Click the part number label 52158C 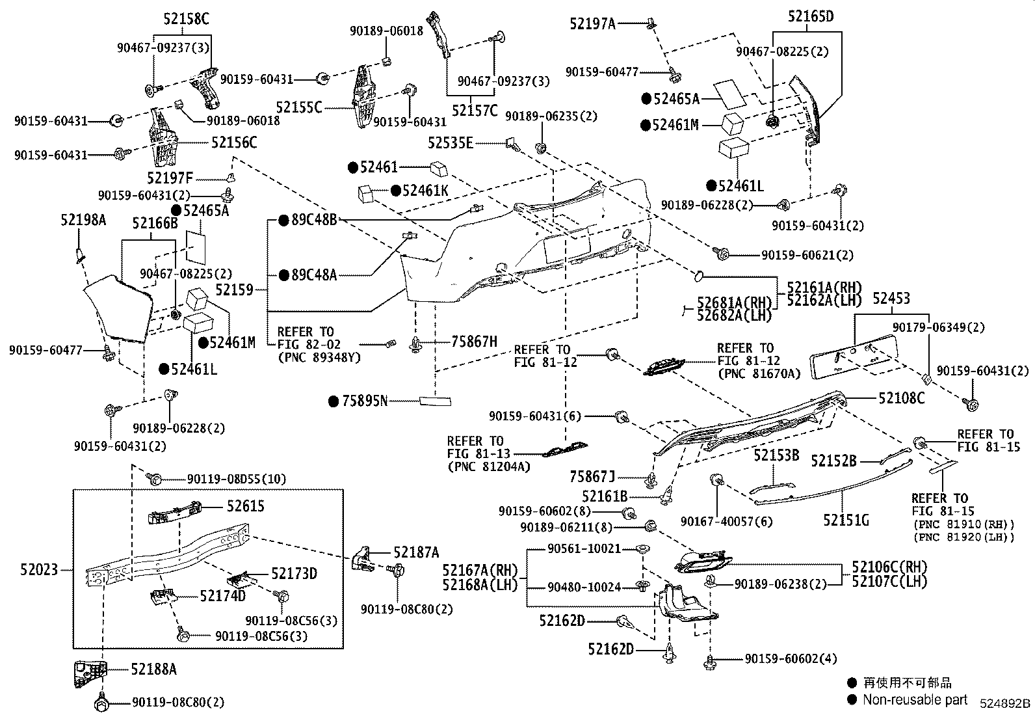pos(186,20)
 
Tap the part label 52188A pos(153,669)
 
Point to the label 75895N pos(364,401)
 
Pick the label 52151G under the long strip pos(846,520)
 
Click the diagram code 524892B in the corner pos(1006,703)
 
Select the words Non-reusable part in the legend pos(915,700)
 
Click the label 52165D pos(810,16)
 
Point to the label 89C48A pos(314,275)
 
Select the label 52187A pos(416,553)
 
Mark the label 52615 pos(245,506)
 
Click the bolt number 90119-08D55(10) pos(236,479)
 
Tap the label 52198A pos(83,220)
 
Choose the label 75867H pos(474,342)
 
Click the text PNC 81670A pos(759,373)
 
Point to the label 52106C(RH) pos(889,567)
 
